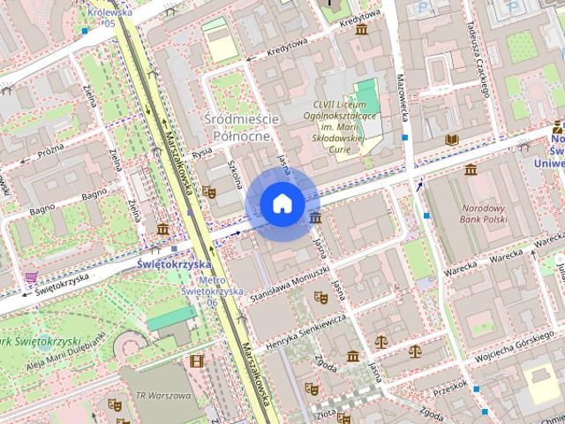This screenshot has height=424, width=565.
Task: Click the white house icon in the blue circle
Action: coord(282,203)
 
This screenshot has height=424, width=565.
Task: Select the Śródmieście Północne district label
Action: coord(241,127)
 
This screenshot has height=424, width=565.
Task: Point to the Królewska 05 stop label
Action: coord(108,19)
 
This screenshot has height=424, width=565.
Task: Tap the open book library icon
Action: coord(453,140)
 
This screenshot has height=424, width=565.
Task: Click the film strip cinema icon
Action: coord(196,360)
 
